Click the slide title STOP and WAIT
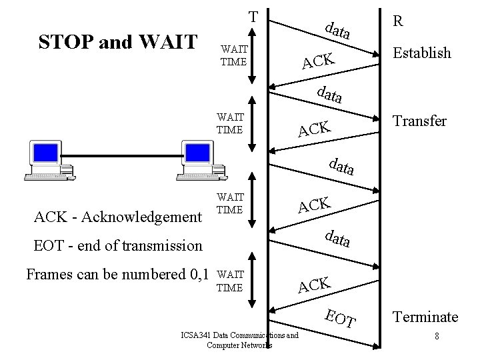click(x=118, y=42)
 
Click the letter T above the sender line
click(x=253, y=16)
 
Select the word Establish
click(x=421, y=53)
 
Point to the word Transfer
click(x=419, y=121)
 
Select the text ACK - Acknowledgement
click(x=117, y=216)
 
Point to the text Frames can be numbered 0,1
click(x=117, y=273)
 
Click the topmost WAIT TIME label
click(x=233, y=55)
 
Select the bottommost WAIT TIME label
click(x=231, y=281)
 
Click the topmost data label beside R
click(x=338, y=29)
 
